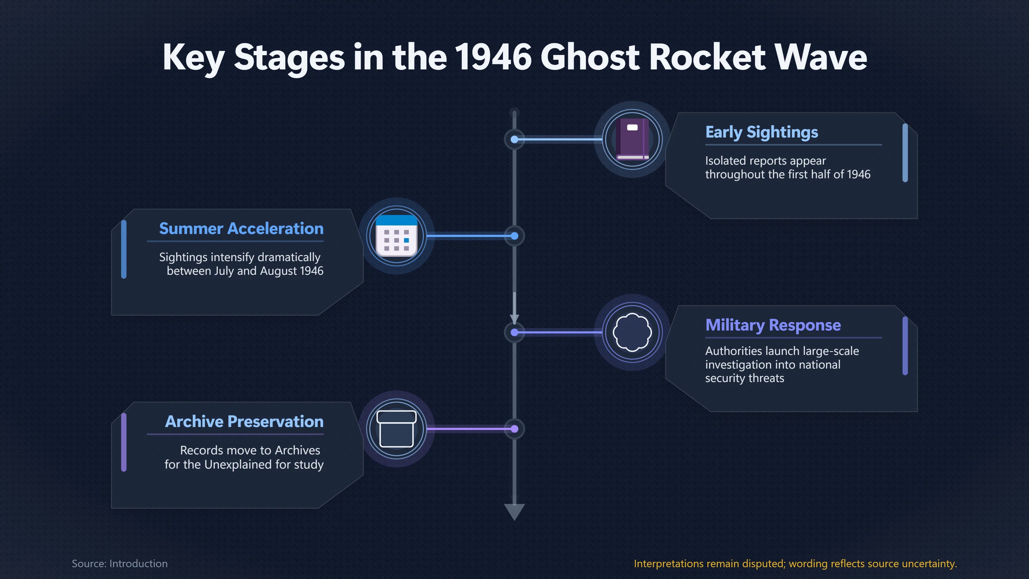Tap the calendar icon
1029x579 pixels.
point(397,236)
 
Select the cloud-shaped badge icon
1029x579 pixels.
point(632,332)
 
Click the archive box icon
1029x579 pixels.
point(397,429)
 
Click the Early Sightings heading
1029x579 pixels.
point(761,132)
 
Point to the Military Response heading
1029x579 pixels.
point(773,325)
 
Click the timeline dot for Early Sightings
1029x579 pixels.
point(514,139)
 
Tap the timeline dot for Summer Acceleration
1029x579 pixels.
point(514,236)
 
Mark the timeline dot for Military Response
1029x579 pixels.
point(514,332)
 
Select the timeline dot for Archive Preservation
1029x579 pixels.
point(514,429)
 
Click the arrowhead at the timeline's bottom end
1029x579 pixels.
point(514,511)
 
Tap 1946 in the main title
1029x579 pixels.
point(493,57)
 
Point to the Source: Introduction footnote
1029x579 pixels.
point(120,563)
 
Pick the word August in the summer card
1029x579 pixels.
point(278,271)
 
